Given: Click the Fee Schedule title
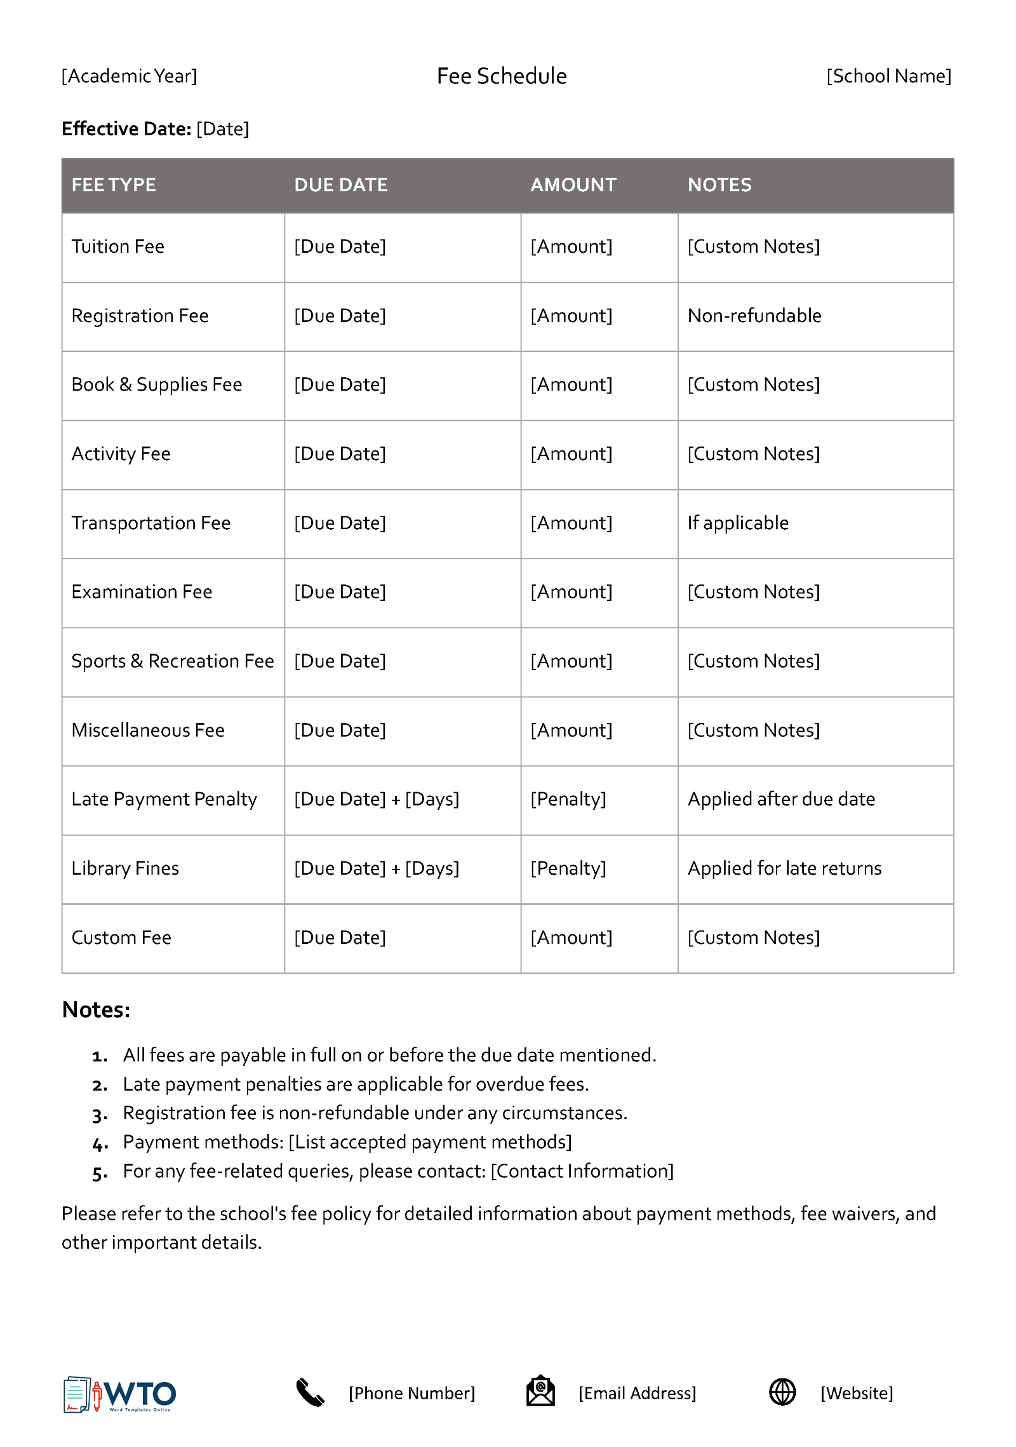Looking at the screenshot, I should point(501,76).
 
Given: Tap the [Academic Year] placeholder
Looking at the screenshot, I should point(129,76).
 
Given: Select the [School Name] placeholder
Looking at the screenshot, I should point(888,76).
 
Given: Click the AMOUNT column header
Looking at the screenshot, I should point(573,185).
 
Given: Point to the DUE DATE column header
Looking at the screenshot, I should point(340,185).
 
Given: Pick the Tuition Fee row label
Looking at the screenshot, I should point(117,246).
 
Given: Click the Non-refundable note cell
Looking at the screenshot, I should point(754,316).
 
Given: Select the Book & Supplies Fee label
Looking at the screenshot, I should point(156,384).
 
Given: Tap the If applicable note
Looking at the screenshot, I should point(738,523).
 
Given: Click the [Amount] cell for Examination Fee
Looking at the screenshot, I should point(571,592).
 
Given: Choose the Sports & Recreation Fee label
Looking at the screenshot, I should point(172,661).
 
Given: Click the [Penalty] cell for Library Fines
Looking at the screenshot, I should point(568,868).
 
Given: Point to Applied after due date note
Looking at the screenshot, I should point(781,799).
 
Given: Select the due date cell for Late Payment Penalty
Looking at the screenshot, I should point(376,799).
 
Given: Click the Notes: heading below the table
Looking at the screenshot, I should point(96,1009).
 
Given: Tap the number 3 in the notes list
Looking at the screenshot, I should point(99,1115).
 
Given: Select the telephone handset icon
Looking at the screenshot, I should point(310,1392).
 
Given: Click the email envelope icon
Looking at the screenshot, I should point(540,1391).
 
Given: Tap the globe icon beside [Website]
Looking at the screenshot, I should point(782,1392).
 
